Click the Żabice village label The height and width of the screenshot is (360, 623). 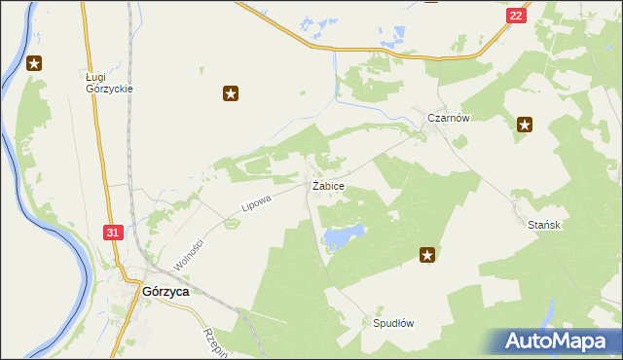pos(328,185)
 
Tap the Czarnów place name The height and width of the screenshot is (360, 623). pos(450,118)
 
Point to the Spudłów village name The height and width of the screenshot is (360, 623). pos(394,323)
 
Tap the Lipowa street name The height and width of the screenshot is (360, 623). pos(256,202)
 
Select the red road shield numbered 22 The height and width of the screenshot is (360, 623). pos(516,16)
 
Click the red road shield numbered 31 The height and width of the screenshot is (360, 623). pos(113,233)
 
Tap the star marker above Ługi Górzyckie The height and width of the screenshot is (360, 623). pos(35,64)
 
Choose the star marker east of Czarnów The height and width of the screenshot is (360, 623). pos(525,124)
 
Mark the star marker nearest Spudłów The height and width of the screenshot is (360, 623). pos(426,255)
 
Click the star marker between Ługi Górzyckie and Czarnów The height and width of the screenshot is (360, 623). pos(231,94)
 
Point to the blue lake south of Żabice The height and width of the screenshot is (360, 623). pos(344,235)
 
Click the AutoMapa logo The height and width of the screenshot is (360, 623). pos(560,341)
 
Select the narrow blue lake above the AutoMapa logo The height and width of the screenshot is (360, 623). pos(550,312)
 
